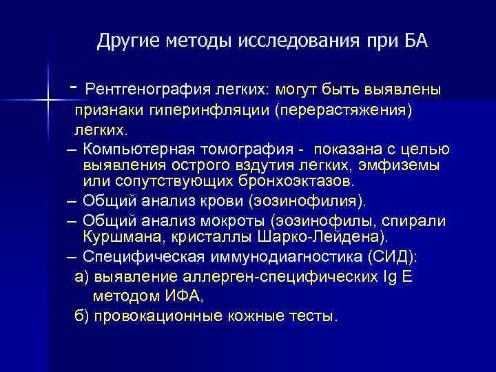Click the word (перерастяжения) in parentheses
click(343, 110)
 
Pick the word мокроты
click(233, 221)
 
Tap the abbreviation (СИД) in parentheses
click(400, 256)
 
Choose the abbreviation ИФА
click(181, 296)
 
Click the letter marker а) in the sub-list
click(81, 276)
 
